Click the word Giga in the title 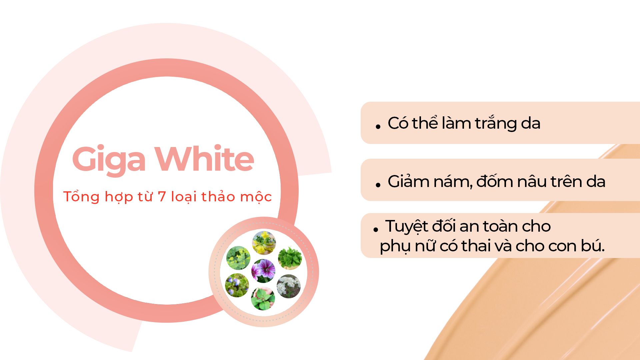coord(109,160)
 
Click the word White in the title coord(205,158)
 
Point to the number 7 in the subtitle coord(162,197)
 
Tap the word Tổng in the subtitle coord(82,196)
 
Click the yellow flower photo coord(264,243)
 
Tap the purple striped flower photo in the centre coord(263,271)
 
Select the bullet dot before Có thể coord(378,127)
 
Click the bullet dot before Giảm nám coord(378,185)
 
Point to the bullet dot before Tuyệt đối coord(376,230)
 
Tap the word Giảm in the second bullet coord(408,182)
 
